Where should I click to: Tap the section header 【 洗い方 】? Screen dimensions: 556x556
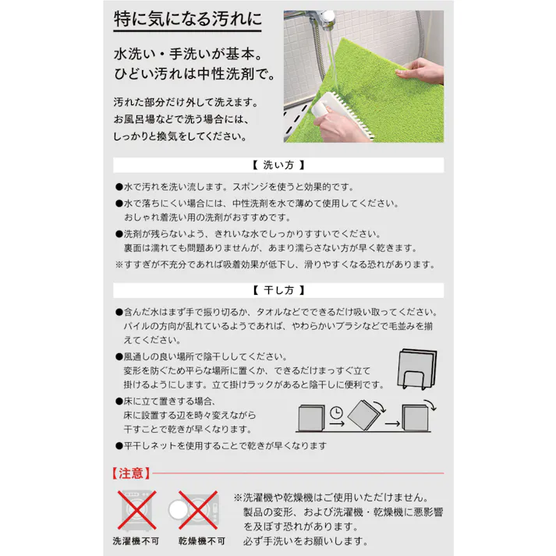(278, 165)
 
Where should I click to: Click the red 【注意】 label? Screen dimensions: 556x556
(129, 473)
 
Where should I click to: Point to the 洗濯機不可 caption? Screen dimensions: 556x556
(136, 540)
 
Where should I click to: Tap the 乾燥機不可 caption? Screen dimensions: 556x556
(201, 540)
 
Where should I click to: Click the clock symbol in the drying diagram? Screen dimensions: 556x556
(336, 413)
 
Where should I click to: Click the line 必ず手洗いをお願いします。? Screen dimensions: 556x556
(306, 540)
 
